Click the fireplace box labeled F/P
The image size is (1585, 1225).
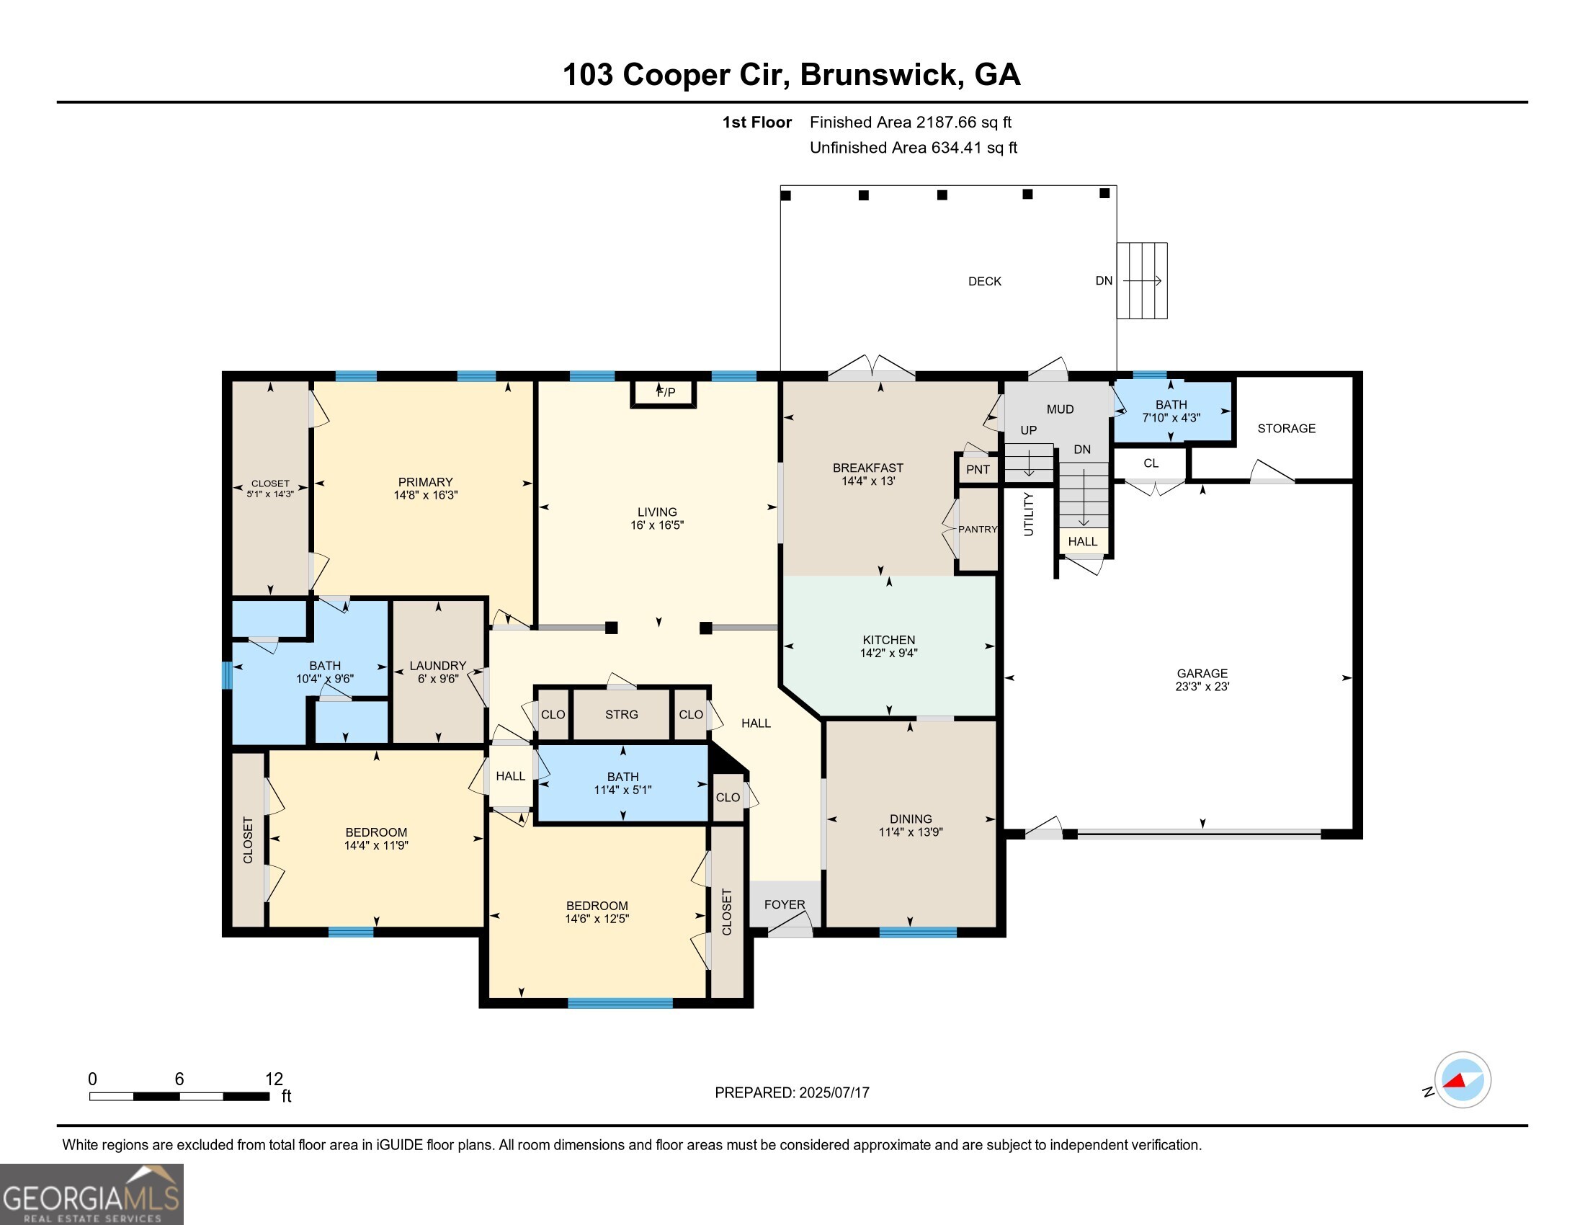click(664, 393)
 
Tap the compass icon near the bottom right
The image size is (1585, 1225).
click(1463, 1080)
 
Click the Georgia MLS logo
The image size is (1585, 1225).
click(91, 1194)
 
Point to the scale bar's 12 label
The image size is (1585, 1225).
click(274, 1079)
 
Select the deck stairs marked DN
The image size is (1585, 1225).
click(1142, 281)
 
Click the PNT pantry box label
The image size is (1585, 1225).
click(978, 470)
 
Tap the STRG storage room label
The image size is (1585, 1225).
click(622, 715)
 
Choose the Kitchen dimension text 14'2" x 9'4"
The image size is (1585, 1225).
click(889, 653)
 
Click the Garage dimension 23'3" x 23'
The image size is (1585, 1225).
click(1202, 687)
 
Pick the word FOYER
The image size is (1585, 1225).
click(785, 904)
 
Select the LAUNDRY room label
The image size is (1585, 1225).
click(437, 666)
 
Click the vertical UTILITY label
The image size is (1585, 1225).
click(1028, 514)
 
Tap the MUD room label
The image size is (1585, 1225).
click(1061, 409)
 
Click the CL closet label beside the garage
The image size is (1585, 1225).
click(1151, 463)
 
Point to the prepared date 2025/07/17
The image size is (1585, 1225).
click(834, 1093)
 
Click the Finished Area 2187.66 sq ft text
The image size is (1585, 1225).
click(911, 122)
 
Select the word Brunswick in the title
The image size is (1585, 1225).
click(883, 75)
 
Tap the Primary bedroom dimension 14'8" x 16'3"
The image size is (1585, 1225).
click(426, 495)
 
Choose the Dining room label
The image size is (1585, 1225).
click(911, 819)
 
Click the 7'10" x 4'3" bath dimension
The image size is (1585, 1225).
click(1171, 418)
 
